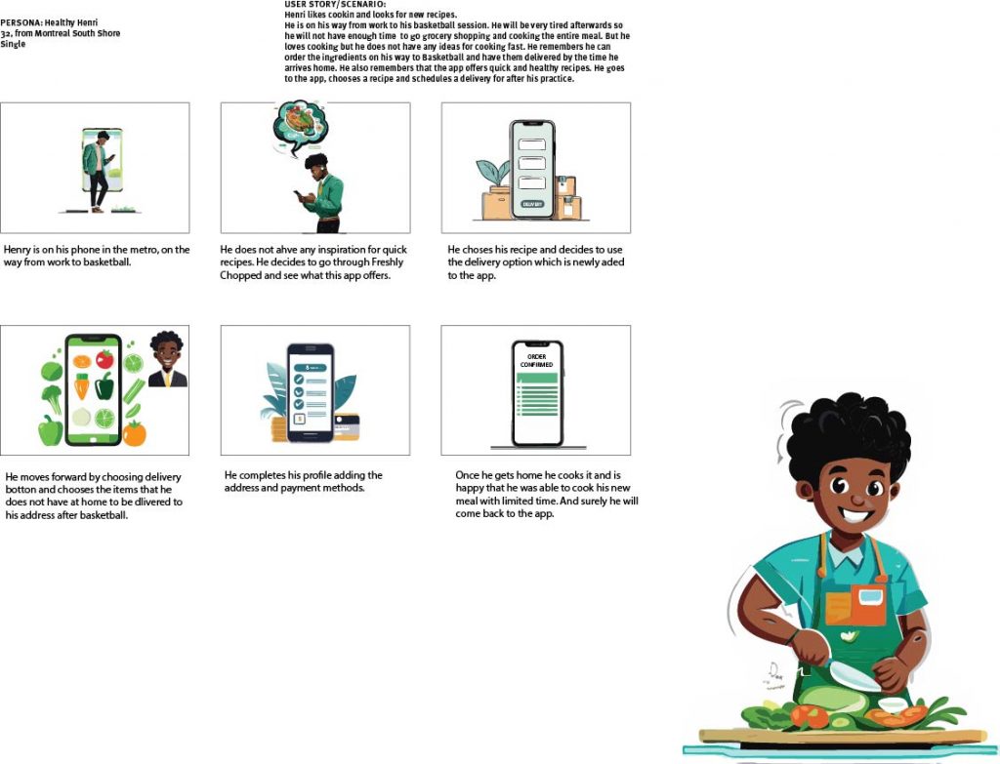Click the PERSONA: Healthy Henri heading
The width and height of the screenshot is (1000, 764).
[49, 22]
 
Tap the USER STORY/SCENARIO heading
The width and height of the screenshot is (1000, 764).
[335, 5]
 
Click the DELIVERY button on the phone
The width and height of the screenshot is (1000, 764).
[532, 204]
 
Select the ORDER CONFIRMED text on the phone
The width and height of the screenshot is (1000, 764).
[536, 361]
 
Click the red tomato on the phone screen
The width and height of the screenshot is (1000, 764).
[104, 359]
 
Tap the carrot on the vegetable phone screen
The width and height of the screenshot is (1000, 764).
[81, 386]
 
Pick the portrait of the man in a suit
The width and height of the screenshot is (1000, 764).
[168, 359]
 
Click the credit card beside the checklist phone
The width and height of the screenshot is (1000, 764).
[347, 427]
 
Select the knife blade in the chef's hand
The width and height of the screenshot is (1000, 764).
[855, 676]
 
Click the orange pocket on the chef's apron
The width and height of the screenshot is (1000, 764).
[855, 605]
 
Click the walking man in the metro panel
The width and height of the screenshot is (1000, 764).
[98, 170]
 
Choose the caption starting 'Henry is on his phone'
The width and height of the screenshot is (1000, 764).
[97, 256]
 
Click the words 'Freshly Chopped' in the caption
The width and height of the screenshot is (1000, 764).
[312, 268]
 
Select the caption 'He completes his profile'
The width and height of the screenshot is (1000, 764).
[303, 481]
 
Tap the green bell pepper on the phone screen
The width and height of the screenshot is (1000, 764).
[104, 386]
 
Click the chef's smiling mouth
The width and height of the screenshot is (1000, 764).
[857, 514]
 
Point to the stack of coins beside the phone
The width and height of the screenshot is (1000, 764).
[279, 428]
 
